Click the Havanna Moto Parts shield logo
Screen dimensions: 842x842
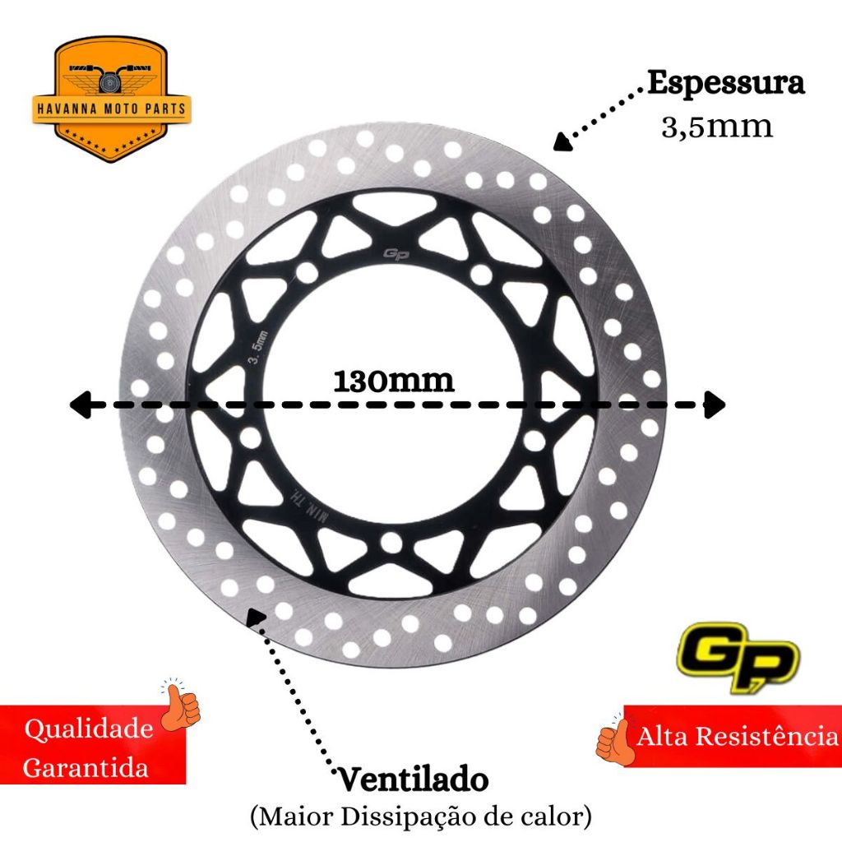click(x=112, y=99)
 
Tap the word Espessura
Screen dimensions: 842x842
click(x=726, y=83)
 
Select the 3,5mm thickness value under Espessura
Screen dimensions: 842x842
click(x=717, y=127)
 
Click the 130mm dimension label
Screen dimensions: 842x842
click(x=394, y=381)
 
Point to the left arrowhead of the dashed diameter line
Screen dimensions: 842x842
click(x=81, y=405)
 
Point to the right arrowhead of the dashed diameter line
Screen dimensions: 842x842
click(x=715, y=405)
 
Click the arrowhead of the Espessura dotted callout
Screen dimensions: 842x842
click(x=562, y=142)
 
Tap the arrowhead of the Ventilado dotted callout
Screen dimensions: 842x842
click(x=256, y=617)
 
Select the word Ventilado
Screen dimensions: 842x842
click(x=413, y=780)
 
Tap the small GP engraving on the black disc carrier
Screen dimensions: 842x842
click(x=396, y=253)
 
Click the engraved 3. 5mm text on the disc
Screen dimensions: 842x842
click(x=257, y=348)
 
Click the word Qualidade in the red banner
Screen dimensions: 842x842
click(x=89, y=729)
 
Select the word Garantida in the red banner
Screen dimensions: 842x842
click(x=86, y=767)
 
